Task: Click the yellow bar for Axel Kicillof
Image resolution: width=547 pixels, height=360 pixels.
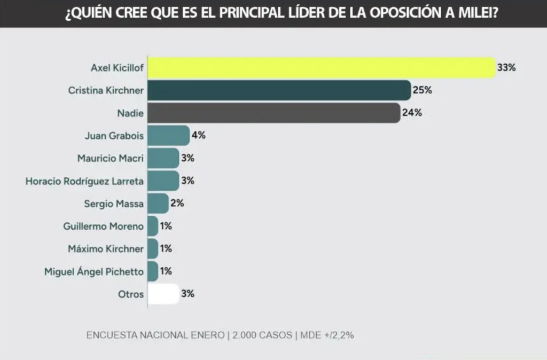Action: (x=321, y=68)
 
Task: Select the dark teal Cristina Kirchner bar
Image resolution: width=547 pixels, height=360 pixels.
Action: (x=278, y=90)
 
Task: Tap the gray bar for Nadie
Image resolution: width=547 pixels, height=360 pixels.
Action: (x=273, y=113)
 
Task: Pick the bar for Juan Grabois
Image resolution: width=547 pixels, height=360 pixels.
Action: (x=168, y=135)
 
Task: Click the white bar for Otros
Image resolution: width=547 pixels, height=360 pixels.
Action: (x=163, y=294)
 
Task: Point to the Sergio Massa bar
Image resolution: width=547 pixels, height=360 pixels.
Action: (x=158, y=204)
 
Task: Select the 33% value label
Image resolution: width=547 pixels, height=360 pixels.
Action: (x=506, y=68)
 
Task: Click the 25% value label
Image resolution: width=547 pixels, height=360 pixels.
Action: (x=422, y=90)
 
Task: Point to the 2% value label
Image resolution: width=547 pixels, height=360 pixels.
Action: (x=177, y=204)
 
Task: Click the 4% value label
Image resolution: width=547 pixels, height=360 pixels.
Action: (x=198, y=135)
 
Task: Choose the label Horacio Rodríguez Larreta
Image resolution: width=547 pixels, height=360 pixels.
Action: (x=85, y=181)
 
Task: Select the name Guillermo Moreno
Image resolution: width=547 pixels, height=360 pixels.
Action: (x=103, y=226)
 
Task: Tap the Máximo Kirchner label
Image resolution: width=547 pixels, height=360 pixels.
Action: (x=106, y=249)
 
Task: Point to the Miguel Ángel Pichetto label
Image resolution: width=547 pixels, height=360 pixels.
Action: (x=94, y=272)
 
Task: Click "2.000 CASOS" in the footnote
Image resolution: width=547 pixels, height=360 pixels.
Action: (x=261, y=335)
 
